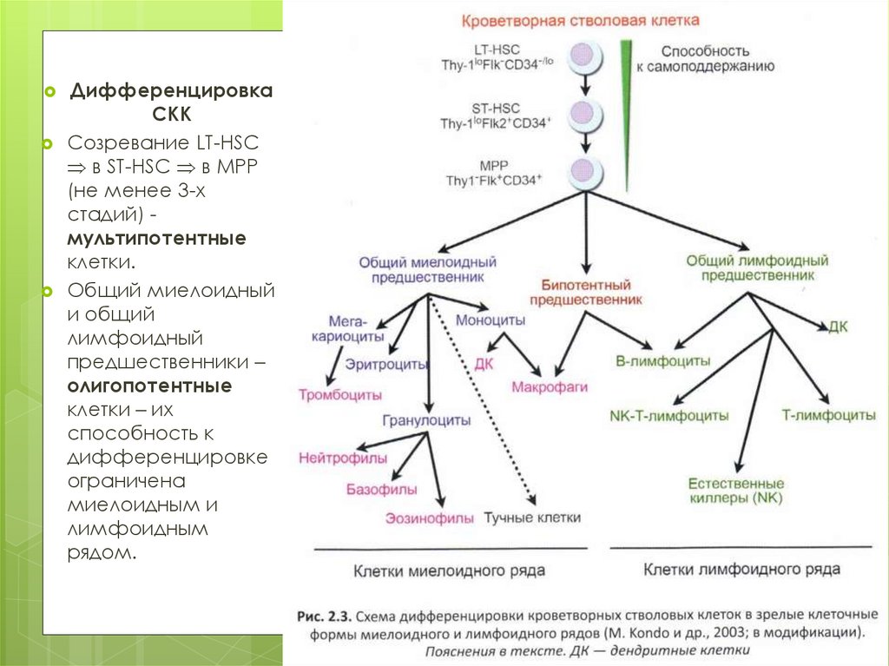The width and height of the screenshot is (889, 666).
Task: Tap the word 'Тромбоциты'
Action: click(x=340, y=394)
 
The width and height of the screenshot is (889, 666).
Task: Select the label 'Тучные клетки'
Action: click(x=532, y=518)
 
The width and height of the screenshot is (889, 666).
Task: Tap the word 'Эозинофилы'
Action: click(x=431, y=518)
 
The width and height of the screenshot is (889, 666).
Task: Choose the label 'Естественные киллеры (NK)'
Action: click(x=735, y=491)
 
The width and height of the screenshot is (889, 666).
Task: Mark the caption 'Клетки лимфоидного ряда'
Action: click(x=741, y=570)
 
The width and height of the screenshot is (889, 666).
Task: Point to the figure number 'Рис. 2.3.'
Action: click(x=323, y=617)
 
